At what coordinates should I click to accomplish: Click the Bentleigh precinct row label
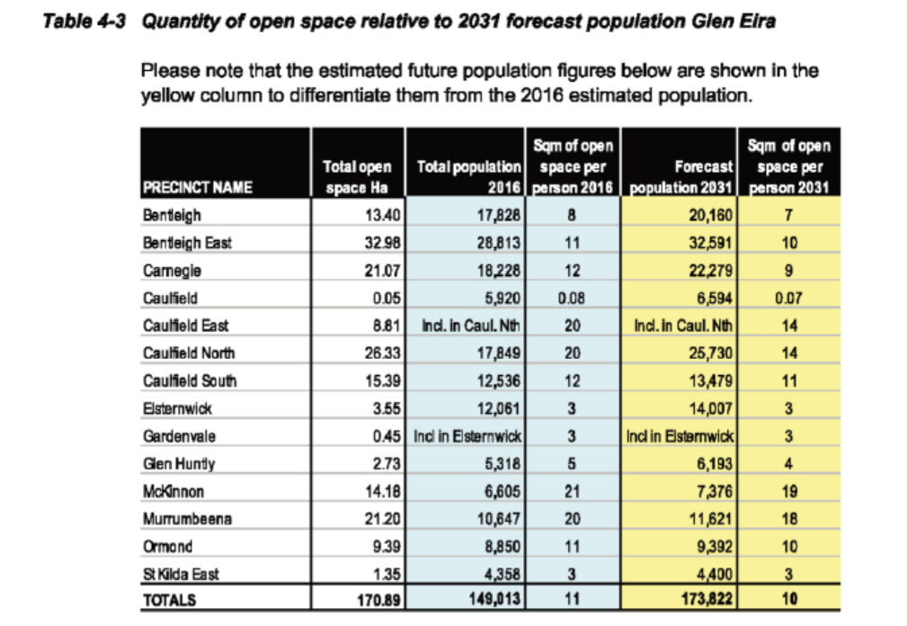point(172,216)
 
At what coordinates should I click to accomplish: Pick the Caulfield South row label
point(190,380)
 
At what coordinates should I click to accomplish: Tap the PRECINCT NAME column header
point(198,188)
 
